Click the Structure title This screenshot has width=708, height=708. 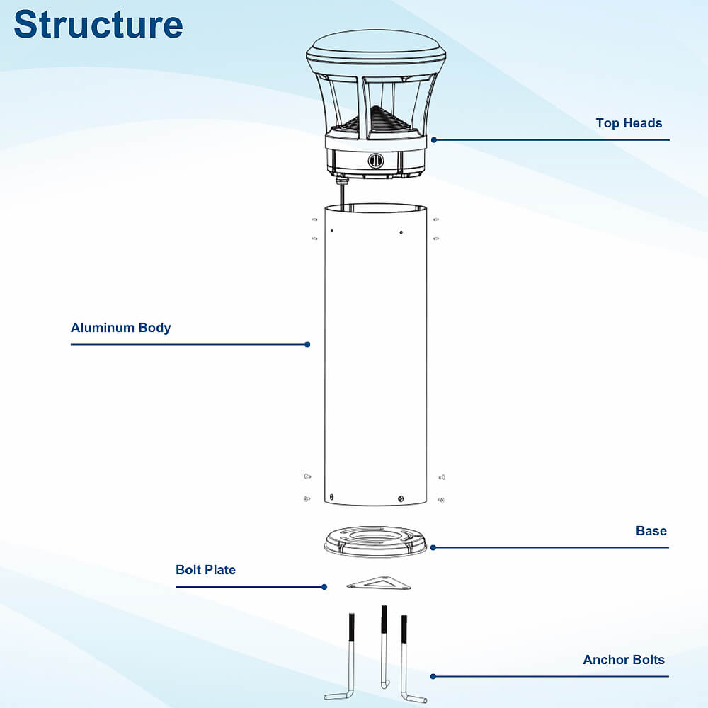tap(98, 24)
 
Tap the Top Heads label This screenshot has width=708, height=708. tap(629, 123)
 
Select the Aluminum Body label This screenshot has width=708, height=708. tap(120, 328)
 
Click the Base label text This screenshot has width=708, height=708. tap(651, 531)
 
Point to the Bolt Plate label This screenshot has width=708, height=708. tap(205, 570)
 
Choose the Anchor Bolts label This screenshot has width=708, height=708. tap(624, 660)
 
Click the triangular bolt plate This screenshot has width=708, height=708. tap(380, 583)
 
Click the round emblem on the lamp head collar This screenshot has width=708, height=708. tap(375, 161)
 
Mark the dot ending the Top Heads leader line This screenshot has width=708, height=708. tap(433, 140)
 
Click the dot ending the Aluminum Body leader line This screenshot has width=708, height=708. tap(307, 344)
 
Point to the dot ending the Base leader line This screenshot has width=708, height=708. tap(433, 547)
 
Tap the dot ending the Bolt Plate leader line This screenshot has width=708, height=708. tap(324, 586)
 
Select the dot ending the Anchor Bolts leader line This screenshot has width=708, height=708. tap(433, 676)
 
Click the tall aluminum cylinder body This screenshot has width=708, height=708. tap(375, 354)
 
